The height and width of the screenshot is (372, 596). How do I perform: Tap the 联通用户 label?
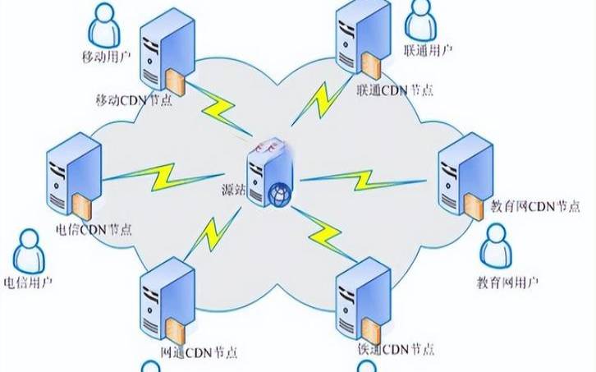point(429,50)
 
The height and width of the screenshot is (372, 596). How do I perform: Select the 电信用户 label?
point(29,282)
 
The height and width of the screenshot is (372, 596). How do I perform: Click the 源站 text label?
point(235,190)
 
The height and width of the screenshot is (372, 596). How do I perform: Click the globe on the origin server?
point(278,195)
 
